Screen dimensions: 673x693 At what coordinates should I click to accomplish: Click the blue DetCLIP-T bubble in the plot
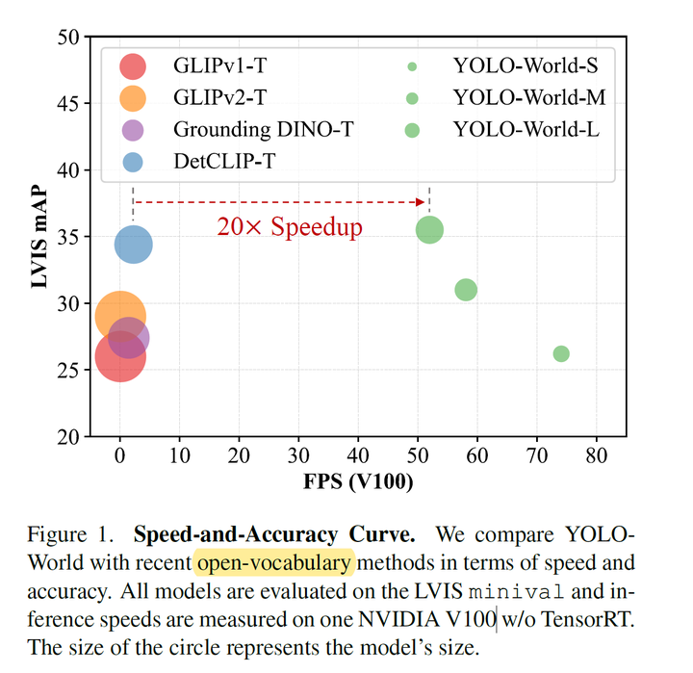tap(134, 245)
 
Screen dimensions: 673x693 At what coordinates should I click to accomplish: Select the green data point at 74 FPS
tap(561, 353)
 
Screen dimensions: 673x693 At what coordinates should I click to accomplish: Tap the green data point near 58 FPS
tap(466, 290)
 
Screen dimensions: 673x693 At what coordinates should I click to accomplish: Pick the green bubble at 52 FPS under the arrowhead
tap(429, 230)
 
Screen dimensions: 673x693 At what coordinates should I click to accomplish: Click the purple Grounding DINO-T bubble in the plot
tap(129, 338)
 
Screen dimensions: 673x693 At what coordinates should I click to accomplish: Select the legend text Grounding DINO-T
tap(263, 129)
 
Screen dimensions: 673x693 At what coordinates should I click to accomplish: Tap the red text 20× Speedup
tap(290, 227)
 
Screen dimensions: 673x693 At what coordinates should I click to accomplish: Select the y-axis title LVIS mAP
tap(38, 236)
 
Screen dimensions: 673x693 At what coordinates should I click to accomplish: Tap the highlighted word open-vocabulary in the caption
tap(275, 561)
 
